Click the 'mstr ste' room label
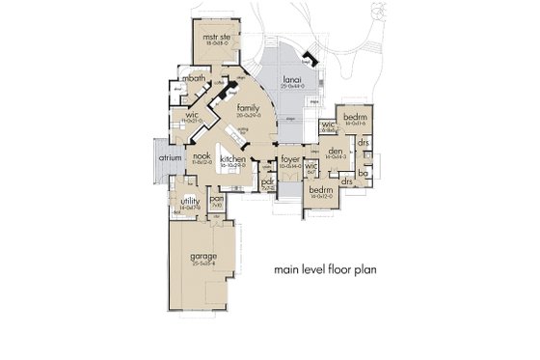pyautogui.click(x=213, y=36)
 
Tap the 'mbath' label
pyautogui.click(x=193, y=79)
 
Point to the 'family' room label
pyautogui.click(x=248, y=108)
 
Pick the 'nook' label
pyautogui.click(x=201, y=155)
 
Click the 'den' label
pyautogui.click(x=336, y=150)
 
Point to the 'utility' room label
pyautogui.click(x=188, y=201)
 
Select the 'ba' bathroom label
pyautogui.click(x=363, y=174)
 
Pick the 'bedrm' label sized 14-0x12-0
pyautogui.click(x=320, y=190)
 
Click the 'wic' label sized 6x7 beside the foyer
pyautogui.click(x=310, y=166)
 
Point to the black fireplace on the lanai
pyautogui.click(x=308, y=55)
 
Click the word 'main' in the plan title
pyautogui.click(x=285, y=269)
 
